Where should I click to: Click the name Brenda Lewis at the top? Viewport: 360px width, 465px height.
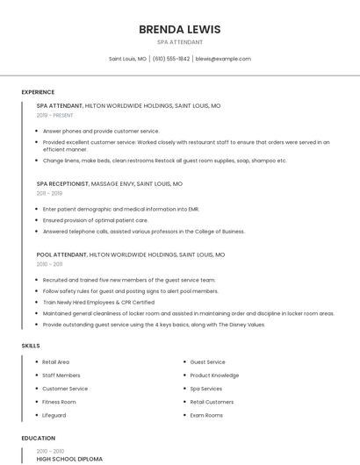coord(179,29)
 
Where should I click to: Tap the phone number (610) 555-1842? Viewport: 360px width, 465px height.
coord(171,59)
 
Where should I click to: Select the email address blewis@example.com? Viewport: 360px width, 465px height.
coord(223,59)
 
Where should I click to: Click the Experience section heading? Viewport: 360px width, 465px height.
coord(38,92)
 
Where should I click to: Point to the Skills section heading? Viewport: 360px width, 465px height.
coord(31,346)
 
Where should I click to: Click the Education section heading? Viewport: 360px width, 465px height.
coord(39,438)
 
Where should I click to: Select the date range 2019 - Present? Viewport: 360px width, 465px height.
coord(54,115)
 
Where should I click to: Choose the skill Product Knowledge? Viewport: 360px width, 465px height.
coord(214,375)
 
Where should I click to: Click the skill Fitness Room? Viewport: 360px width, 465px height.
coord(59,401)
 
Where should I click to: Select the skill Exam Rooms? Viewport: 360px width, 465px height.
coord(207,414)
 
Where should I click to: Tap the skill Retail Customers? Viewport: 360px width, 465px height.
coord(212,401)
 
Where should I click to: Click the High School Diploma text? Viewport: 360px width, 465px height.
coord(69,459)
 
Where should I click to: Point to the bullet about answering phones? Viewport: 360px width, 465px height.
coord(101,131)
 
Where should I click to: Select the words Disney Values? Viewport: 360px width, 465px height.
coord(246,324)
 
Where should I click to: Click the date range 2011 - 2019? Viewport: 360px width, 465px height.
coord(49,193)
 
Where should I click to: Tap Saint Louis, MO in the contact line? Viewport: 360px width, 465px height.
coord(127,59)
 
